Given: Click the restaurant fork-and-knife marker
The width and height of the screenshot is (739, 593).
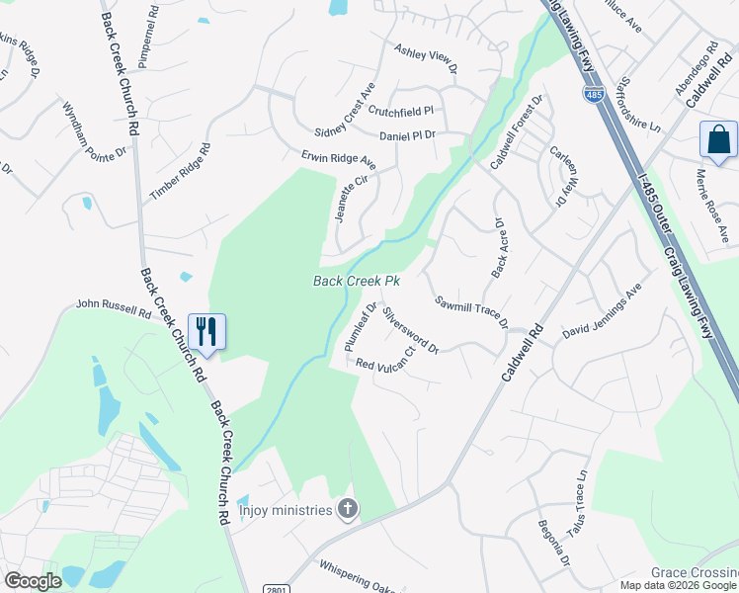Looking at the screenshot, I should click(x=206, y=331).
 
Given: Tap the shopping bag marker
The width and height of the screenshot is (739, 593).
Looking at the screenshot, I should click(x=718, y=139).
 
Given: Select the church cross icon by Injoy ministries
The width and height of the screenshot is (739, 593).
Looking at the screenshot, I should click(x=347, y=510).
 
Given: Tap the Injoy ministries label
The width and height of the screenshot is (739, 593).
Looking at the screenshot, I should click(x=286, y=510).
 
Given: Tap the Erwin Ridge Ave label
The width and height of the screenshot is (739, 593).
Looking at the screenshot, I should click(x=339, y=158).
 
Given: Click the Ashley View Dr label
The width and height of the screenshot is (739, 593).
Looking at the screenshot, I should click(x=426, y=58).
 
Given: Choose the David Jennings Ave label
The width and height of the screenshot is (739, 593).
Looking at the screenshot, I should click(x=603, y=314).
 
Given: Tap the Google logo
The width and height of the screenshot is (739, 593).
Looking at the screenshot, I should click(x=34, y=581).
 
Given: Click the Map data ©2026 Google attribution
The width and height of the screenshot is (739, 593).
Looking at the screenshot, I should click(x=677, y=585).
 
